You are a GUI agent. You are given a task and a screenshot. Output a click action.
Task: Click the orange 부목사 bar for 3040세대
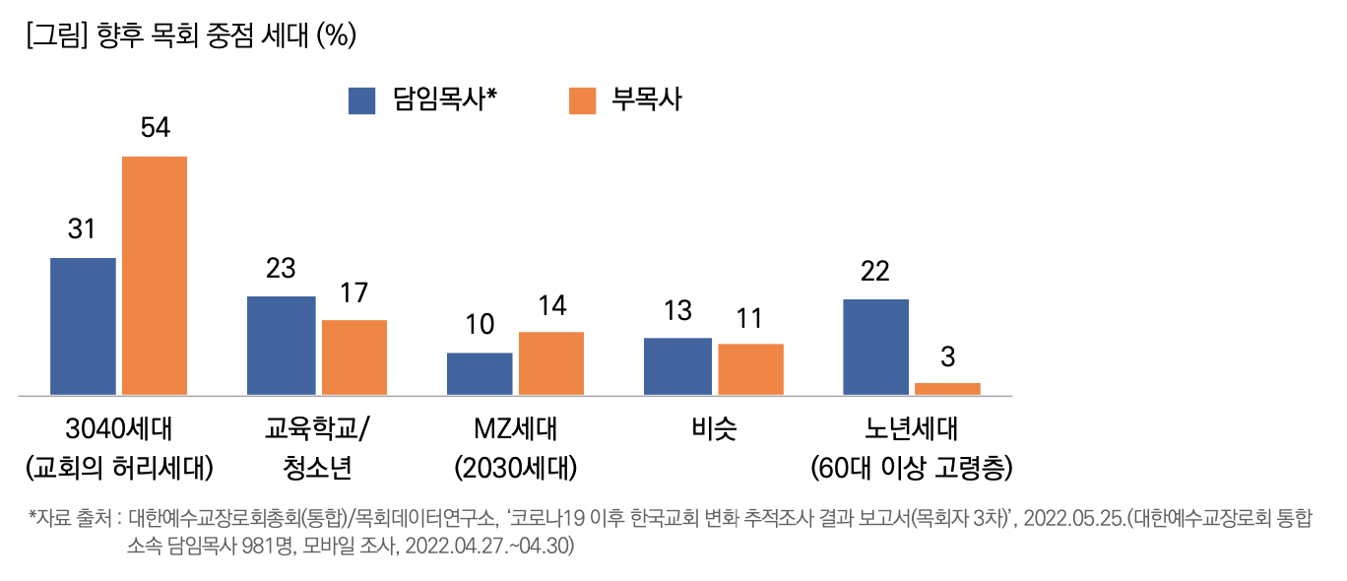pos(155,276)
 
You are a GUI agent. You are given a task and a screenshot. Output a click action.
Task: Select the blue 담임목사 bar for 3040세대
pos(83,326)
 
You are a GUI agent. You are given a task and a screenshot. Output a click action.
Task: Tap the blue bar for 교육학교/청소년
pos(281,346)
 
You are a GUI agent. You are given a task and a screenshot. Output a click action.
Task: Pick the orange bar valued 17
pos(354,357)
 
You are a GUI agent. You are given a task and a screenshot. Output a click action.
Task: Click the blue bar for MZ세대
pos(480,374)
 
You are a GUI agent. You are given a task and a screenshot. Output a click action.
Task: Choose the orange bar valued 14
pos(551,363)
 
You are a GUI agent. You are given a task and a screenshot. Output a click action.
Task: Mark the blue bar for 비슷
pos(677,366)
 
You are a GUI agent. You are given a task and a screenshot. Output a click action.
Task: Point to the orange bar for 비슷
pos(750,369)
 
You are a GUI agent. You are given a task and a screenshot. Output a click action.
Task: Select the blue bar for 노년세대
pos(875,347)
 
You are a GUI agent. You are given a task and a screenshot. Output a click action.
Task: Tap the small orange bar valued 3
pos(947,389)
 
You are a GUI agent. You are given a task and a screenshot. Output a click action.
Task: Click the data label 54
pos(155,128)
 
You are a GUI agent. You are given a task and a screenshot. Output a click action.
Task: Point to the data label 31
pos(82,229)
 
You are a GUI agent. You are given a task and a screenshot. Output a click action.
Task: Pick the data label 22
pos(874,272)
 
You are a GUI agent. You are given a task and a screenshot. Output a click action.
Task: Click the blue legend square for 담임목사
pos(362,100)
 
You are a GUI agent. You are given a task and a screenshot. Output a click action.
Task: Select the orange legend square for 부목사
pos(583,100)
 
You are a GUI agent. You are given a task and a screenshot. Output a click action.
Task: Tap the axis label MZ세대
pos(515,429)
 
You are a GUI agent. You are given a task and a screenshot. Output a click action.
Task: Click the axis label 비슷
pos(714,429)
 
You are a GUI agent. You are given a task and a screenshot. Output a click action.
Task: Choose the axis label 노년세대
pos(911,429)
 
